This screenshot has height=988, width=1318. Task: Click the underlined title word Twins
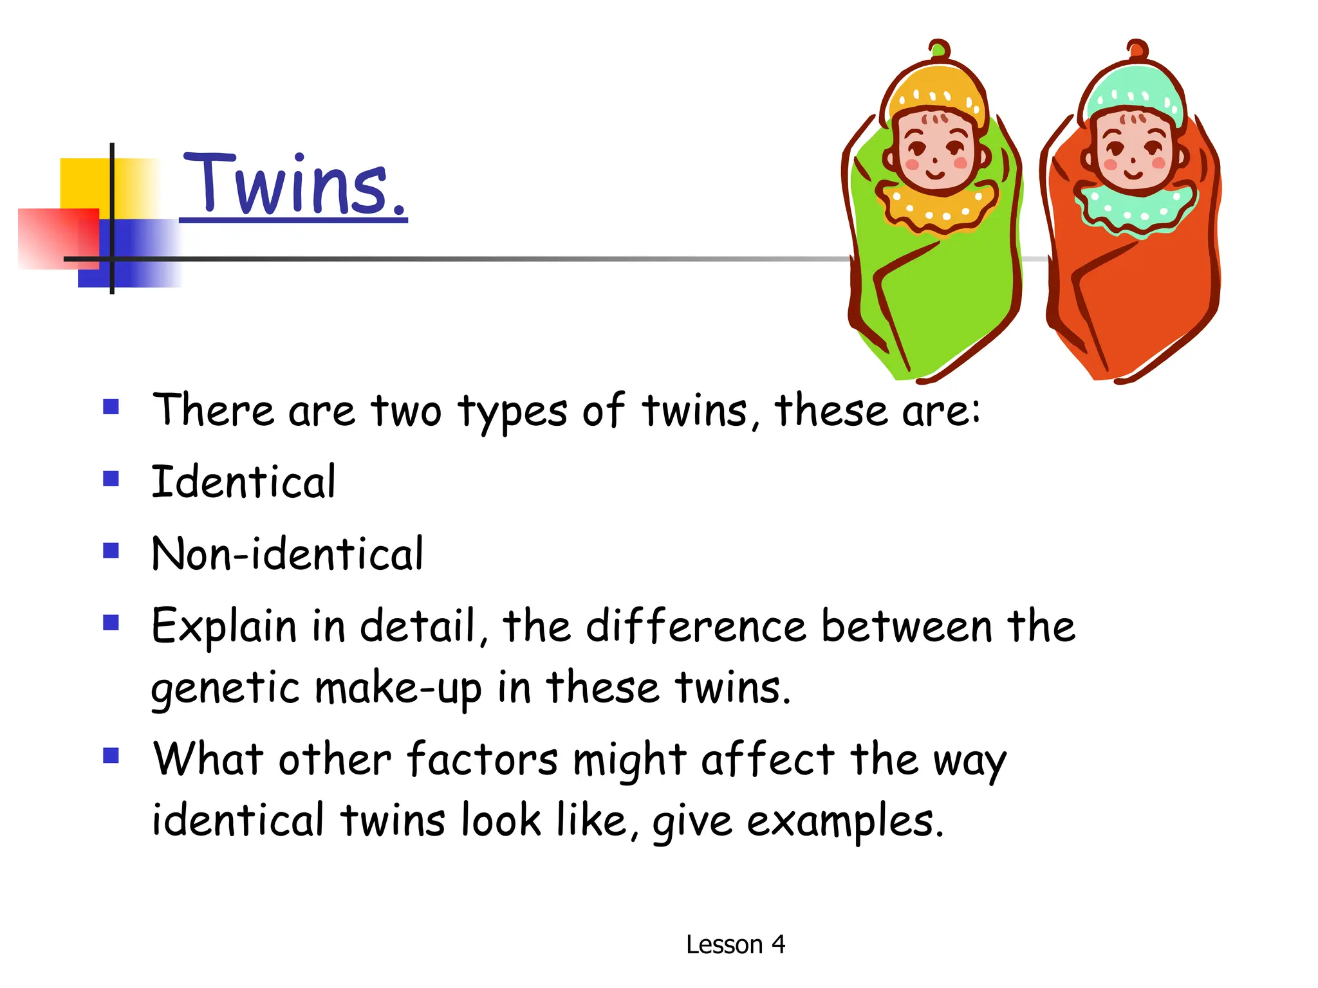tap(294, 185)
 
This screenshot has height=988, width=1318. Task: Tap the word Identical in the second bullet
tap(243, 482)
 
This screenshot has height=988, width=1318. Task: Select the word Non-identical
tap(287, 554)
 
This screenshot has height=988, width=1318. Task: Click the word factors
tap(482, 760)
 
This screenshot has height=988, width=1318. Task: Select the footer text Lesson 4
tap(735, 944)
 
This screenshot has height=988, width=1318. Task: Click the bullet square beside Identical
tap(111, 479)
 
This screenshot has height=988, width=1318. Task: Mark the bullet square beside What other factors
tap(111, 755)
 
